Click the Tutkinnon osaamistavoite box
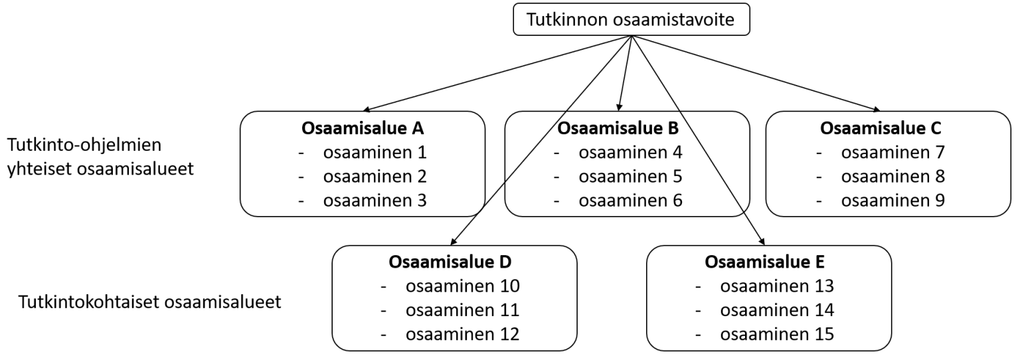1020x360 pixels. tap(632, 20)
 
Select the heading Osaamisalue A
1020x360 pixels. tap(363, 128)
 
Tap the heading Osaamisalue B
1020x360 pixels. tap(618, 128)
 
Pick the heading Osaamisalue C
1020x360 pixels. tap(881, 128)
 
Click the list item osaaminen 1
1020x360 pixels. tap(374, 153)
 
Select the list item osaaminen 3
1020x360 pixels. tap(374, 201)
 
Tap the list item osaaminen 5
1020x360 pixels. tap(630, 177)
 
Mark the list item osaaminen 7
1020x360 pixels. tap(892, 153)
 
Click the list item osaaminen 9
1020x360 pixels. tap(892, 201)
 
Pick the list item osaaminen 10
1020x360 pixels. tap(462, 286)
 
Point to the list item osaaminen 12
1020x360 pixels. tap(462, 334)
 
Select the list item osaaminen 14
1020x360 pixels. tap(777, 310)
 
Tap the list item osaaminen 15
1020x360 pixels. tap(777, 334)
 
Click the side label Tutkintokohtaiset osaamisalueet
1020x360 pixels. tap(150, 302)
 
